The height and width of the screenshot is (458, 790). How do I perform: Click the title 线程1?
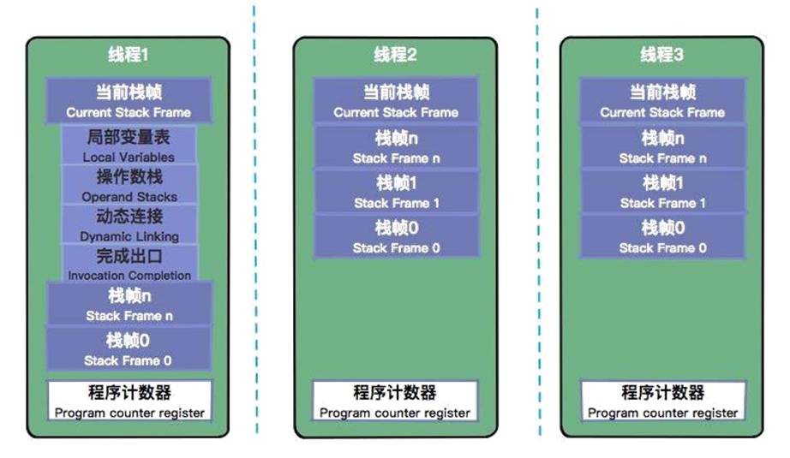coord(129,56)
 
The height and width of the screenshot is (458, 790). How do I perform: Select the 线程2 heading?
coord(395,56)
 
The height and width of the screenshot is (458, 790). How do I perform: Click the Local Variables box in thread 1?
coord(129,146)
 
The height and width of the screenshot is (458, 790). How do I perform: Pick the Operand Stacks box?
coord(129,185)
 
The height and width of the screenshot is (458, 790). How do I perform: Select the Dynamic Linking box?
coord(129,224)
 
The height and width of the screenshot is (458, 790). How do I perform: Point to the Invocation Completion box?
coord(129,264)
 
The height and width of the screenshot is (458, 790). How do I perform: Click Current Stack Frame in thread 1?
coord(129,101)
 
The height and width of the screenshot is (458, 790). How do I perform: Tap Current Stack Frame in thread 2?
coord(395,101)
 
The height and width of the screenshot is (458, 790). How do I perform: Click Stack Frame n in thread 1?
coord(129,305)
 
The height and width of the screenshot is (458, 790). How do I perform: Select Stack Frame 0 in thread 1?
coord(129,349)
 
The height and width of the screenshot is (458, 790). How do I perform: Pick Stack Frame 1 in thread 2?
coord(397,192)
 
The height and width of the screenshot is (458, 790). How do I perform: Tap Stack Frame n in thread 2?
coord(397,147)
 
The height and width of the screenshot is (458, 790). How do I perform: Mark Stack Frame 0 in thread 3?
coord(662,236)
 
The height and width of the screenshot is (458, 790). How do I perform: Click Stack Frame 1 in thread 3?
coord(662,192)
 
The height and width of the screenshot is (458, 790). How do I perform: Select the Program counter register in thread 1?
coord(129,401)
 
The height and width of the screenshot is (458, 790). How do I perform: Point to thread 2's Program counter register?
coord(395,401)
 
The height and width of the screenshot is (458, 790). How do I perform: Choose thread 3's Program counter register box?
coord(662,401)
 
